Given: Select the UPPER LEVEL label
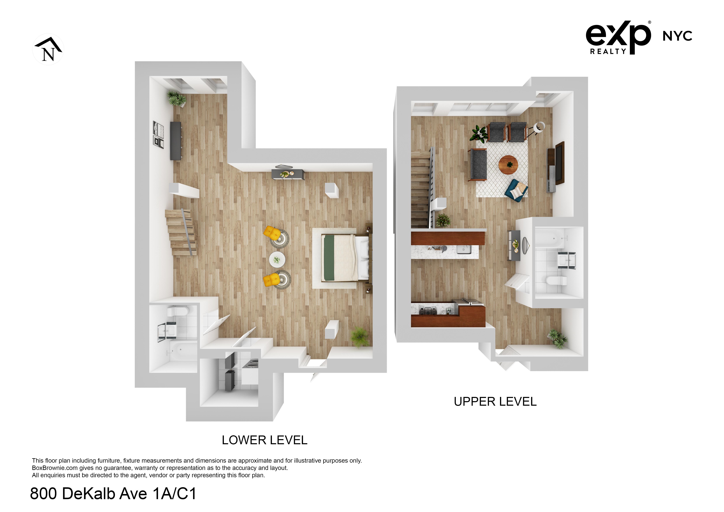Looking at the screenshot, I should pyautogui.click(x=495, y=402).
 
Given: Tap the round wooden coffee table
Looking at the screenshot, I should pyautogui.click(x=508, y=164).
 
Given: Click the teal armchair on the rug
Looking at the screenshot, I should pyautogui.click(x=516, y=189).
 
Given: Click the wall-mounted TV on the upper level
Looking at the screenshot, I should pyautogui.click(x=559, y=163).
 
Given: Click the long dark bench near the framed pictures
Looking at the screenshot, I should pyautogui.click(x=176, y=141).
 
